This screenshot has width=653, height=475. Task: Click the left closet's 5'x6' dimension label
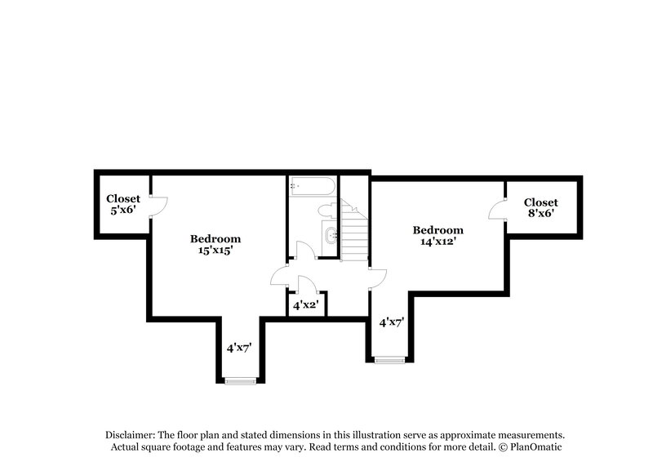[123, 210]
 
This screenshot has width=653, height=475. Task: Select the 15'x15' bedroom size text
[215, 251]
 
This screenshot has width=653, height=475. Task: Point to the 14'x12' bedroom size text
[438, 242]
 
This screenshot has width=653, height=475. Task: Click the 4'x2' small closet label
[306, 305]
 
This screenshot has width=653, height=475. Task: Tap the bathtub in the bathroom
[310, 187]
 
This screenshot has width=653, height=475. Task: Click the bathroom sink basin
[331, 237]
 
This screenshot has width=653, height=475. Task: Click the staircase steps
[355, 233]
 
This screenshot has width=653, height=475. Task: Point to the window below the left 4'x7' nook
[241, 379]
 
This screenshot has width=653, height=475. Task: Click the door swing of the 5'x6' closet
[159, 206]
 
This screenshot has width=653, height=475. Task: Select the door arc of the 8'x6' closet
[496, 211]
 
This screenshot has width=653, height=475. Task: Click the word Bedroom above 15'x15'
[215, 238]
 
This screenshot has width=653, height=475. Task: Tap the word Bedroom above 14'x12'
[438, 230]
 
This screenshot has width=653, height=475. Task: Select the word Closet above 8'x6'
[541, 202]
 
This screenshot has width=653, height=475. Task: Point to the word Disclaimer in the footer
[131, 435]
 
